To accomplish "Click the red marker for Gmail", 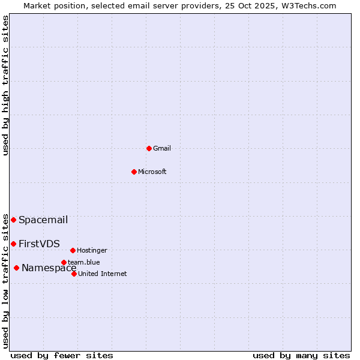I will tap(149, 148).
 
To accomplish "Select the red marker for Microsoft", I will tap(134, 172).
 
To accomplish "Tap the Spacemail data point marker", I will tap(13, 220).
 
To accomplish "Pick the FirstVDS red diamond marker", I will tap(13, 244).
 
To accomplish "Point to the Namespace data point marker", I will tap(16, 268).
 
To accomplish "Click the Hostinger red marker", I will tap(73, 250).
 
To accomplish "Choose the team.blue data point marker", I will tap(64, 262).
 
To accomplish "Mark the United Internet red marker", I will tap(74, 274).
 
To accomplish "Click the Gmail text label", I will tap(162, 148).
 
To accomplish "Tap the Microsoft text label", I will tap(152, 172).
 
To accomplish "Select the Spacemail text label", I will tap(43, 220).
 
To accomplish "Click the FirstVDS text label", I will tap(39, 244).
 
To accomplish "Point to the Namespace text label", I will tap(49, 268).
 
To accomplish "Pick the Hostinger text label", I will tap(92, 250).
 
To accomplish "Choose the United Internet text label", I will tap(103, 274).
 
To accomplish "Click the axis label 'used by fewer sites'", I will tap(62, 355).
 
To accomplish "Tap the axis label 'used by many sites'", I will tap(301, 355).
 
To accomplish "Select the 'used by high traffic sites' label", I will tap(5, 85).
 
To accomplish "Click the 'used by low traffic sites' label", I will tap(5, 281).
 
